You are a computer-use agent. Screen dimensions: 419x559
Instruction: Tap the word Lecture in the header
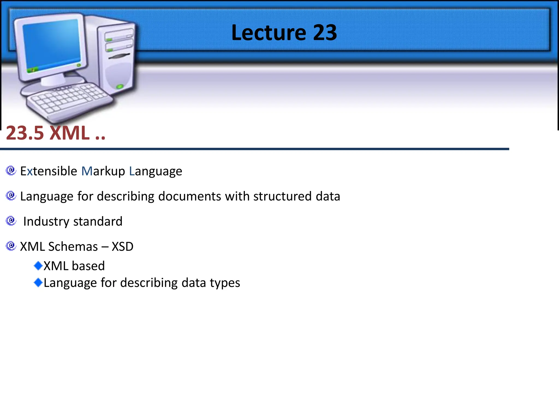pos(269,33)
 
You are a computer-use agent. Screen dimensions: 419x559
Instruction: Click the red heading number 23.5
pos(25,133)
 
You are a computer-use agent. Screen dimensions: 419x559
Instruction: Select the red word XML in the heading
pos(70,133)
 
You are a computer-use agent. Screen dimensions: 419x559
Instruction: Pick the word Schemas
pos(73,247)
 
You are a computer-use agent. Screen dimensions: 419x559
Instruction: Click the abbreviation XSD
pos(123,247)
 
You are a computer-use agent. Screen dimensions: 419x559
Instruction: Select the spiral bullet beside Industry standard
pos(11,221)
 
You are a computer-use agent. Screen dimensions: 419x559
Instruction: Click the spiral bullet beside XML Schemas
pos(11,246)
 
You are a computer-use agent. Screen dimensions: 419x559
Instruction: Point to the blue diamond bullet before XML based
pos(38,265)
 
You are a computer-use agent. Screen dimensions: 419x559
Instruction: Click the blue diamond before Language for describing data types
pos(38,282)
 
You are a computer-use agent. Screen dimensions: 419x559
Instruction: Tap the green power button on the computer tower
pos(120,87)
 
